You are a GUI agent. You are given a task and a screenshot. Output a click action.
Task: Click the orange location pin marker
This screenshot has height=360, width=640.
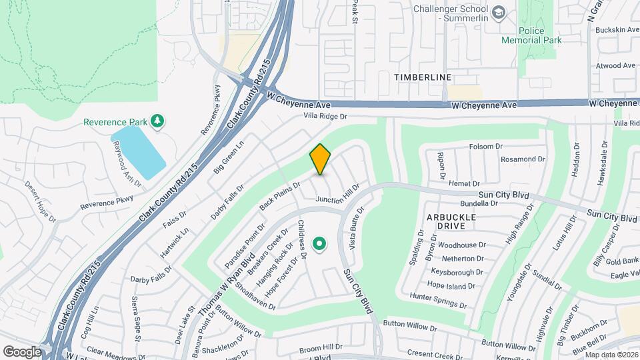click(321, 159)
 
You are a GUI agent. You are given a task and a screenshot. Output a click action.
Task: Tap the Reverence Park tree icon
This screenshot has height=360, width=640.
click(158, 121)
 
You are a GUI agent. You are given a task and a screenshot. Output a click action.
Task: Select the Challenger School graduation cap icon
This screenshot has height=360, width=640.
click(499, 13)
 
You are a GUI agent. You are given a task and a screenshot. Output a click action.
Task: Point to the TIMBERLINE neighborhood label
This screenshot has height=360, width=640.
click(423, 77)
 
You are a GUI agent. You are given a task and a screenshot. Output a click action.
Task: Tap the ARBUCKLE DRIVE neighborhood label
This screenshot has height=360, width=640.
click(451, 222)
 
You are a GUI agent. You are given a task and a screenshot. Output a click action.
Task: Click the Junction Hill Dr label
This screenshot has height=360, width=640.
click(337, 195)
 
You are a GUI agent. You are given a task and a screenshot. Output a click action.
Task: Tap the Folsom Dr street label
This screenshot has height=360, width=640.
click(485, 147)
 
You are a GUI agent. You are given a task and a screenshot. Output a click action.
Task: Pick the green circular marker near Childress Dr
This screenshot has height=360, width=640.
click(319, 244)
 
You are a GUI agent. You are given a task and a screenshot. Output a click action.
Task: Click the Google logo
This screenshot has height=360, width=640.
click(22, 351)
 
